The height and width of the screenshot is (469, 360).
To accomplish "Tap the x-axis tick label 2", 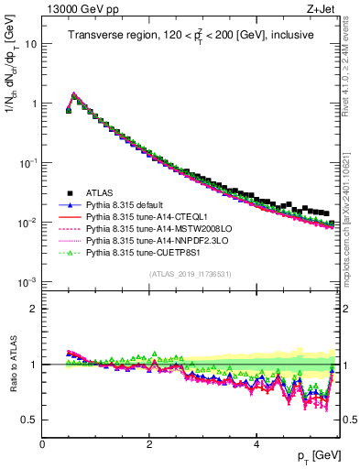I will (x=149, y=443).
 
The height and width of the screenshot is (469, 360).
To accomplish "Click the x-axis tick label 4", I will (x=256, y=443).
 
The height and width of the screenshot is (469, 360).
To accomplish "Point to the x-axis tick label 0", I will (x=42, y=443).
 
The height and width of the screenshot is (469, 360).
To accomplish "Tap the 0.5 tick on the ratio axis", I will (x=30, y=420).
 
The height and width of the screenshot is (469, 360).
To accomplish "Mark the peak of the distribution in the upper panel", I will (x=74, y=93).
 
